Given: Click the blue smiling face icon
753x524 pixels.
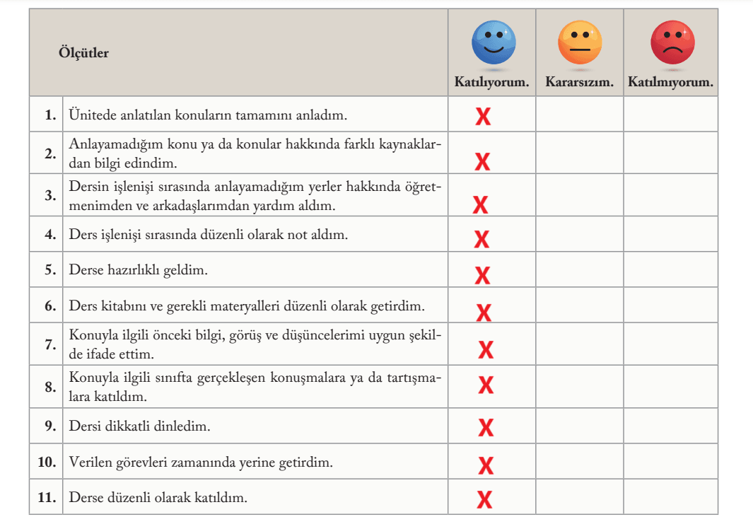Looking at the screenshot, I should point(494,42).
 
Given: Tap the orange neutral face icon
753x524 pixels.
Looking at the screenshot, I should point(579,42).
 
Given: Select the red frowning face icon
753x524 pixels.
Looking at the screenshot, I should point(672,42).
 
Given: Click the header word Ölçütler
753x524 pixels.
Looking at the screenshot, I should point(83,53).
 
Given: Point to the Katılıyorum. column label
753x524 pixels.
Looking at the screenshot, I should point(491,82).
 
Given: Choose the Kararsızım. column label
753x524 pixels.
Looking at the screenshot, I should point(579,82).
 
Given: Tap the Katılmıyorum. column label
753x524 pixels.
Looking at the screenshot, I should point(670,82).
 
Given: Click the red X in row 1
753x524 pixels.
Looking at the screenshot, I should point(483,117).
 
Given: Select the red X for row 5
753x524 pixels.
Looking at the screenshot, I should point(482,274).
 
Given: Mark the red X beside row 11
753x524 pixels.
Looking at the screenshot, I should point(484,500).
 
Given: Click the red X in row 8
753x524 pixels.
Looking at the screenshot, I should point(486,385).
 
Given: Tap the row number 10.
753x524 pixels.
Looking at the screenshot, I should point(47,462).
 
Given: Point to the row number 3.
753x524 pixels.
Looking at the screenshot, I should point(50,196).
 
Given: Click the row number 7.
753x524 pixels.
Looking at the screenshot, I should point(50,345).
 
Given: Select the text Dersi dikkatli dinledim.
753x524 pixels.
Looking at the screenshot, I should point(139,426).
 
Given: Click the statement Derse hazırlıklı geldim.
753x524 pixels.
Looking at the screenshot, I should point(138,269).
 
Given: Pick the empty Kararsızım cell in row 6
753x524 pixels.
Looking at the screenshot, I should point(579,306).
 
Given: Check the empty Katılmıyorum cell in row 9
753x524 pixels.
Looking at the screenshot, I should point(670,426).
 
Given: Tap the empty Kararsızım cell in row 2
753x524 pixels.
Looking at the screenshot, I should point(579,153).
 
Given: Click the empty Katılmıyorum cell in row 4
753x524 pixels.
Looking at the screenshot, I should point(670,235).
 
